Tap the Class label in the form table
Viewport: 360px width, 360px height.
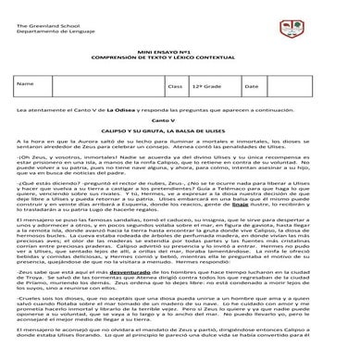point(174,85)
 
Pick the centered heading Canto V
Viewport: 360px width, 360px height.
point(179,120)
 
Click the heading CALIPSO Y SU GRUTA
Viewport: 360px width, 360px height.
point(179,130)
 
